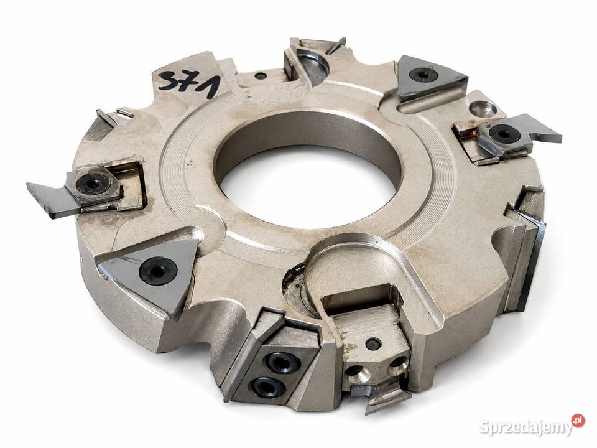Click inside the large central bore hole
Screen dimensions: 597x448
[308, 171]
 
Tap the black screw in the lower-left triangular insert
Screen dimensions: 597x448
[157, 271]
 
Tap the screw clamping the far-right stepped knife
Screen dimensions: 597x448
[500, 134]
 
